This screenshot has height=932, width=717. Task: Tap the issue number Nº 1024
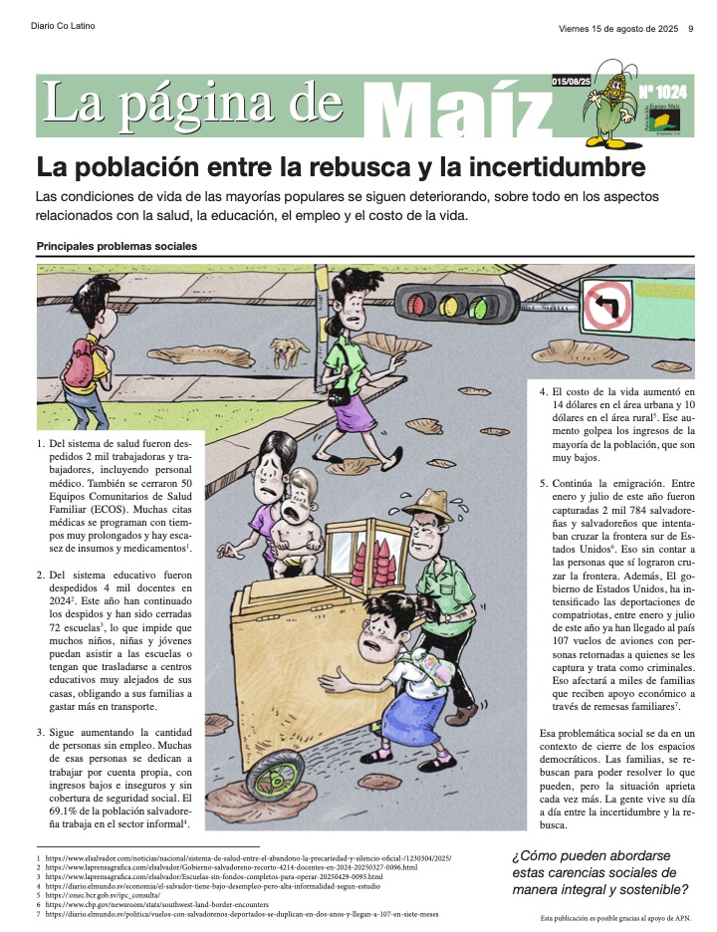(x=659, y=92)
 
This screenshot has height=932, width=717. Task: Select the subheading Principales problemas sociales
(x=117, y=246)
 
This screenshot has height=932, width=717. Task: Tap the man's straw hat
(x=428, y=500)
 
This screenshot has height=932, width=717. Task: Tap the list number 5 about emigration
(x=543, y=483)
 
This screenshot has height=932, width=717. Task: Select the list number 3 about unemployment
(x=40, y=733)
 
